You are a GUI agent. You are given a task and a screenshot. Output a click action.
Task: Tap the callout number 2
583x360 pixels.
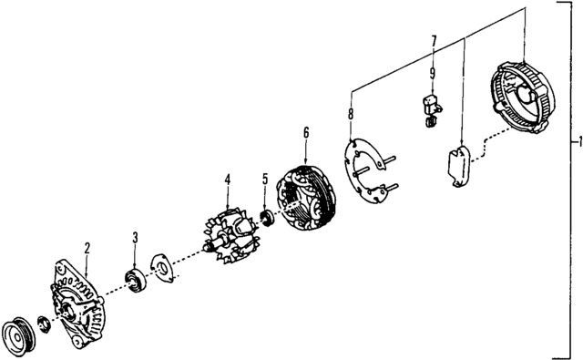pyautogui.click(x=87, y=246)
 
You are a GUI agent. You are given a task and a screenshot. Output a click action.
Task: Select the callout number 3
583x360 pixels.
pyautogui.click(x=135, y=238)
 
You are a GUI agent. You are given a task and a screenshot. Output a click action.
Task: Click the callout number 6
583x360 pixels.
pyautogui.click(x=306, y=133)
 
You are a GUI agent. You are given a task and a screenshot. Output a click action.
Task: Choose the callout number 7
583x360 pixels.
pyautogui.click(x=434, y=40)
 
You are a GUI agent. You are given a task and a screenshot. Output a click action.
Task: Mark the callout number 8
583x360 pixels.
pyautogui.click(x=351, y=114)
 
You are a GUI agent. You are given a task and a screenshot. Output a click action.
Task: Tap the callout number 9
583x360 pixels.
pyautogui.click(x=434, y=73)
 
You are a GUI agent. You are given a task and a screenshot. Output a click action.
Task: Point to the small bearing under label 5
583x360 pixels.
pyautogui.click(x=268, y=218)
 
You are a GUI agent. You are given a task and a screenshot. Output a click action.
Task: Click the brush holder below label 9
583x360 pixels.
pyautogui.click(x=430, y=104)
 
